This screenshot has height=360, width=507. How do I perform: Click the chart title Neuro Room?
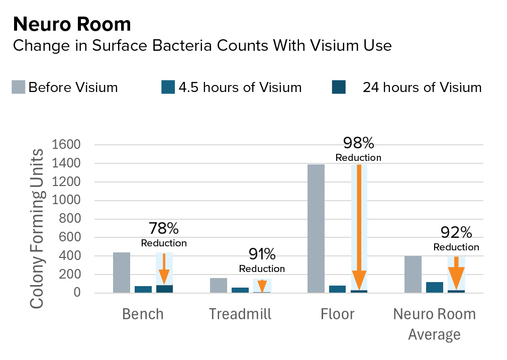72,24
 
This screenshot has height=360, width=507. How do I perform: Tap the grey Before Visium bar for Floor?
315,229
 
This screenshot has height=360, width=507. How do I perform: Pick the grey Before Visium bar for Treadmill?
218,285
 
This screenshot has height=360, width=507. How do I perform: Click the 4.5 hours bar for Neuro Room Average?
434,287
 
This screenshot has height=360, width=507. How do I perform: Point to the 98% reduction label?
358,143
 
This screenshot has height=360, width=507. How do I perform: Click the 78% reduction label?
164,229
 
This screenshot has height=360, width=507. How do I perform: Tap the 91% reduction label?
262,254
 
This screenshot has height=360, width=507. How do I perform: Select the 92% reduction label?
456,232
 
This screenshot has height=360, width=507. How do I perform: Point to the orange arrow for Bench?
164,269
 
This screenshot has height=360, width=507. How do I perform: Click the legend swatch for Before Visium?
19,87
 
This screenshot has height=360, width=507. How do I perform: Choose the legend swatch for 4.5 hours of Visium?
168,87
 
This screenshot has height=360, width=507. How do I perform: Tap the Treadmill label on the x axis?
240,314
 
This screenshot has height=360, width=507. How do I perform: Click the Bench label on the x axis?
143,314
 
